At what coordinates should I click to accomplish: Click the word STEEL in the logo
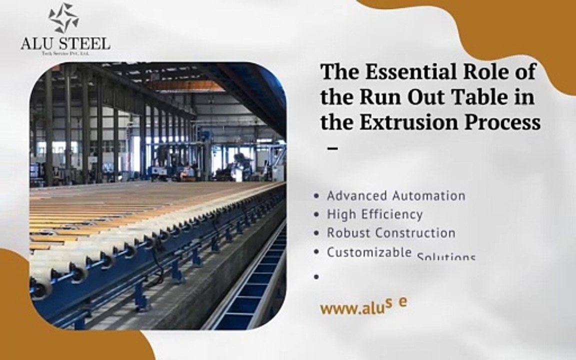click(86, 43)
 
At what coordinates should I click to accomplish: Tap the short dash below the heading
click(331, 148)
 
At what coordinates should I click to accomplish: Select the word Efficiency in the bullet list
click(391, 214)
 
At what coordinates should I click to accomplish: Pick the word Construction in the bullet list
click(415, 233)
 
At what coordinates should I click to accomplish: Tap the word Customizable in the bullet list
click(369, 252)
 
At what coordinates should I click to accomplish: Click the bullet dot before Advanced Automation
click(316, 196)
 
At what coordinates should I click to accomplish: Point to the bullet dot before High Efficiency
click(316, 215)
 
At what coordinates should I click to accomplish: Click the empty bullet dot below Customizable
click(316, 276)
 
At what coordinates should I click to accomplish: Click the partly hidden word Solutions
click(446, 257)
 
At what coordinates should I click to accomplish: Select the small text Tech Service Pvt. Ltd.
click(64, 53)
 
